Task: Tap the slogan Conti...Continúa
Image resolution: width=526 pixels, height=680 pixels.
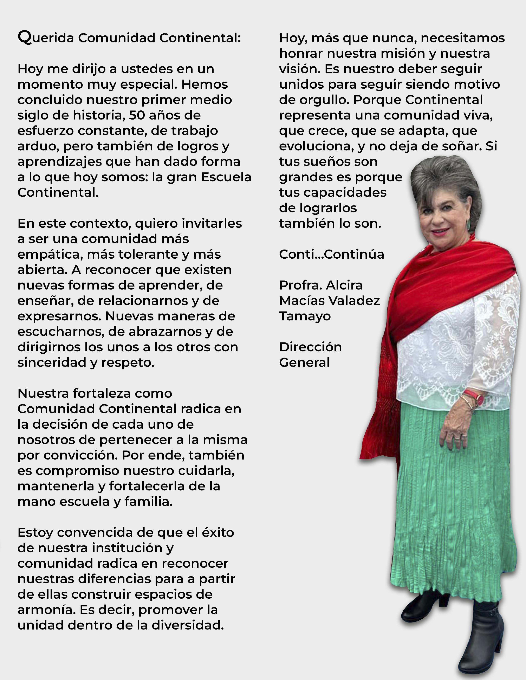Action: click(331, 254)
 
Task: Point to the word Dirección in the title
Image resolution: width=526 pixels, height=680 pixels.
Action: click(310, 347)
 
